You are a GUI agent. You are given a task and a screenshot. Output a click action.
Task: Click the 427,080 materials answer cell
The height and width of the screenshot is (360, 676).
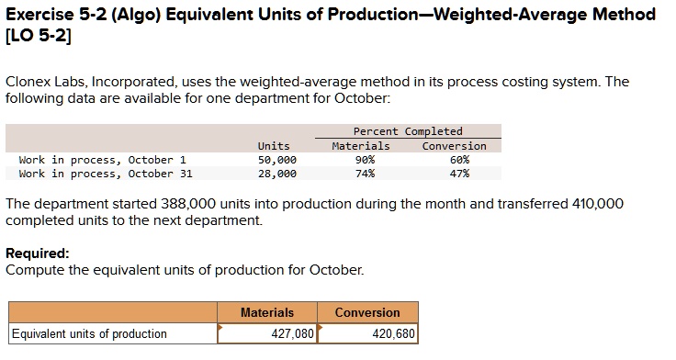(267, 333)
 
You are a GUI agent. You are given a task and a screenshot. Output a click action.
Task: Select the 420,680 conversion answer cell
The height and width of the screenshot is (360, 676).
(367, 333)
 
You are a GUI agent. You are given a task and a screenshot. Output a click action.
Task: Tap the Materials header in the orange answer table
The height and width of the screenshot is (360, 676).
(267, 312)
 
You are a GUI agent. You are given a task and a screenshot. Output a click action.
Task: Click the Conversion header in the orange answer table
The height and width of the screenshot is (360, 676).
(367, 312)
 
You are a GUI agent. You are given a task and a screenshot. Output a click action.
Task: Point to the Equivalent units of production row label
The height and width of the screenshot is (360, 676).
(89, 333)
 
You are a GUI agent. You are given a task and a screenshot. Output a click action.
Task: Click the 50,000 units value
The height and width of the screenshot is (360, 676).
(276, 160)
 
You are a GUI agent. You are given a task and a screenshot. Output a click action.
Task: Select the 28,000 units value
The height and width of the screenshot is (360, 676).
(276, 174)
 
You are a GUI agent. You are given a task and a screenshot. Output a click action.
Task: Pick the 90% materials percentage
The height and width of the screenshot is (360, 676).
(365, 160)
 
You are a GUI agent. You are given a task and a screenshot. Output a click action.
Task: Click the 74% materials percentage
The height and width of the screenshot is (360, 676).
(365, 174)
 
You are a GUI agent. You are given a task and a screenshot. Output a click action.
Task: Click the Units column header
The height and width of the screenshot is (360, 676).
(274, 146)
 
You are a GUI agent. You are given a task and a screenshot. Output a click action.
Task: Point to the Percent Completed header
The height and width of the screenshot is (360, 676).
(408, 131)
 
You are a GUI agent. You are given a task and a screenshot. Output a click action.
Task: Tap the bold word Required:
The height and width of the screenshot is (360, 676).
(38, 253)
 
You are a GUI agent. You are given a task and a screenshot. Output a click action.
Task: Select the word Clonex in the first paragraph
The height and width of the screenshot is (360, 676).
(29, 82)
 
